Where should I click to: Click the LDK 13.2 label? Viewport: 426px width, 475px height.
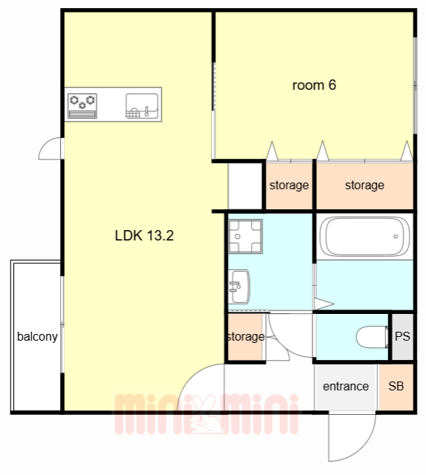144,236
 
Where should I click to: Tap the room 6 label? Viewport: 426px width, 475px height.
314,85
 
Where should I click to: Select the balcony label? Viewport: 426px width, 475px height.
37,336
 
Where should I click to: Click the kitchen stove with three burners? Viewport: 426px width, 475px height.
82,105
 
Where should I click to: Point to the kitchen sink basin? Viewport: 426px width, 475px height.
142,105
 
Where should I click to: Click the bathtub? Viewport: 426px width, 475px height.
365,236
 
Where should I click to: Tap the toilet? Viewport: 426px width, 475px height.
372,337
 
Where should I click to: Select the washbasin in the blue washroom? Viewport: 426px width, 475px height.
239,286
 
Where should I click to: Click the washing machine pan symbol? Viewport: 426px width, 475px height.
245,236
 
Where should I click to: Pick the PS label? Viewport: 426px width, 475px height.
402,336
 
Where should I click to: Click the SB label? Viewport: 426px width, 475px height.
396,386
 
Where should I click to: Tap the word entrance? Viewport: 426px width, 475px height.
346,386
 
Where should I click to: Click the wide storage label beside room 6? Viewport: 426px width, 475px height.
364,185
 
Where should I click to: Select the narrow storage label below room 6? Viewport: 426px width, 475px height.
289,185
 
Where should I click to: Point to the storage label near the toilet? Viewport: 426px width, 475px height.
246,336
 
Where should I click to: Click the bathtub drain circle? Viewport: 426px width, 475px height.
396,236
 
